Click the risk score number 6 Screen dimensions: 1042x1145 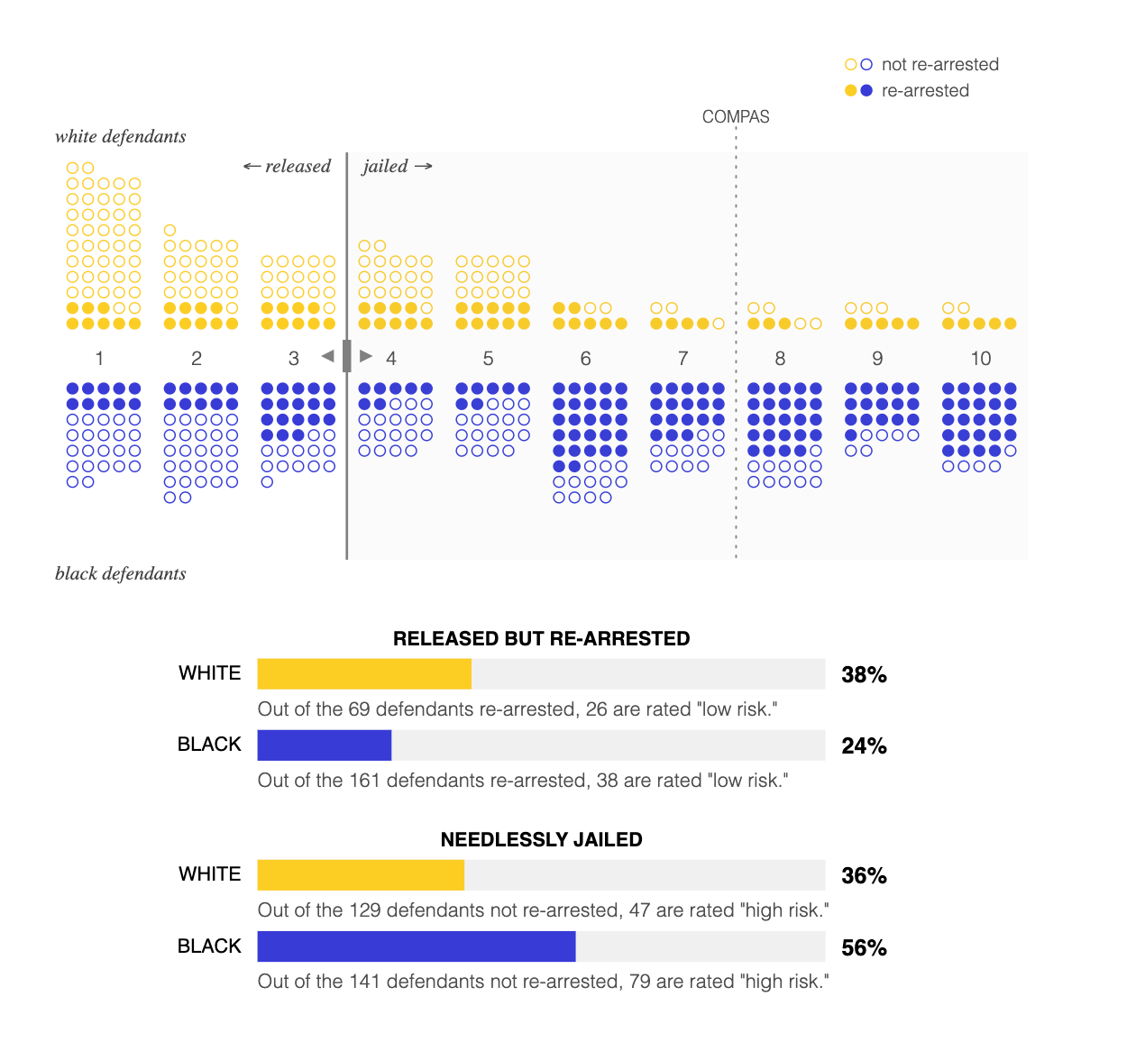[x=585, y=359]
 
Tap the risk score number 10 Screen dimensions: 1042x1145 [x=981, y=359]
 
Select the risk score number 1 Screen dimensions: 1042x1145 [x=99, y=359]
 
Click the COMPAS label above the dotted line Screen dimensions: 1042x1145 [x=736, y=117]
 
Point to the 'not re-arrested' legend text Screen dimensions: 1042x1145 [x=940, y=65]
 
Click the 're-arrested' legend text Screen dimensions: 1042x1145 [x=925, y=91]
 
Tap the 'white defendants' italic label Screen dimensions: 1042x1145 [x=121, y=137]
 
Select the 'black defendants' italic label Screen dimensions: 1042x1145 [x=121, y=574]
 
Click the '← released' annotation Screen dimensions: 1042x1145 [x=288, y=167]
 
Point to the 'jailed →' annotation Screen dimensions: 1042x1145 [x=398, y=167]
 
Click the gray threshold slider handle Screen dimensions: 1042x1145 [x=347, y=356]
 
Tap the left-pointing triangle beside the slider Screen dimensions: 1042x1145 [x=328, y=356]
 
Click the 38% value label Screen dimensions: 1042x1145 [x=864, y=675]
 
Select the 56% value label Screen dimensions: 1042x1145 [x=864, y=948]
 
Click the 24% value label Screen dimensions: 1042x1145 [x=864, y=746]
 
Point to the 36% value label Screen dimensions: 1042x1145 [x=864, y=876]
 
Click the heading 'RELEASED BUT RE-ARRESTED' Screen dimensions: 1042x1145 [x=541, y=639]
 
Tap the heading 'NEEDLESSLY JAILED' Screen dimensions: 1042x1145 [x=541, y=840]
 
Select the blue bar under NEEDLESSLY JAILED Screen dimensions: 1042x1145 [x=417, y=946]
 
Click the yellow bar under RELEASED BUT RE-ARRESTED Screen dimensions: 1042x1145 [x=364, y=674]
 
